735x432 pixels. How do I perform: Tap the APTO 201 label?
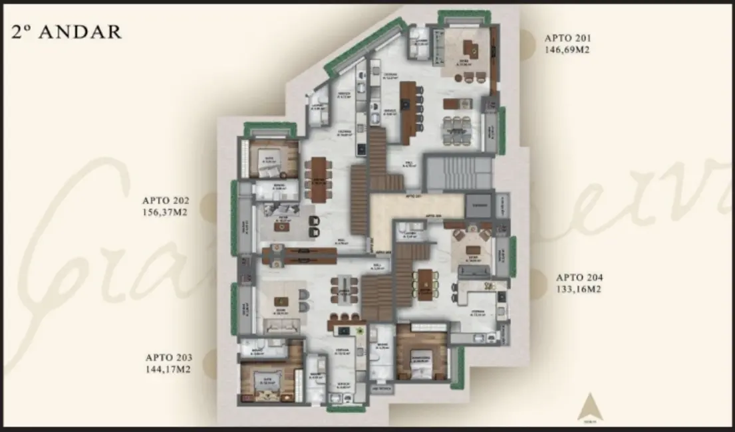click(567, 38)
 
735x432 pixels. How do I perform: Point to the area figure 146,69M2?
click(567, 49)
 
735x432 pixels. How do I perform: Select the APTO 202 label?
click(166, 199)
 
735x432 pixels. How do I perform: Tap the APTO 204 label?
click(579, 277)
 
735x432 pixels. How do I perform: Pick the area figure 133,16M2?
click(579, 288)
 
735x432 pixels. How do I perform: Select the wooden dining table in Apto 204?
click(424, 283)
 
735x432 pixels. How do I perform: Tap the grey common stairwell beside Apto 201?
click(459, 173)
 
